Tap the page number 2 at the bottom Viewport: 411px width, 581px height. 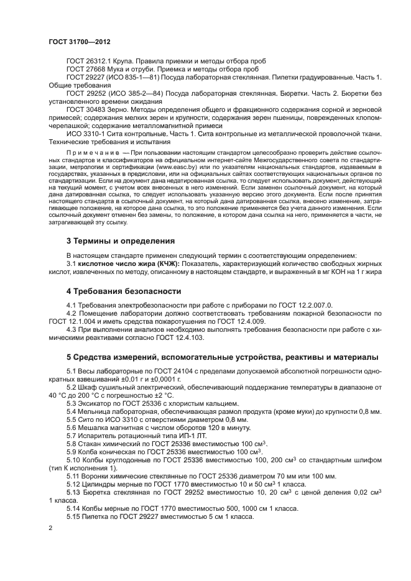coord(50,528)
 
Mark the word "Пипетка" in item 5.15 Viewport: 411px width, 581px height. coord(96,516)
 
